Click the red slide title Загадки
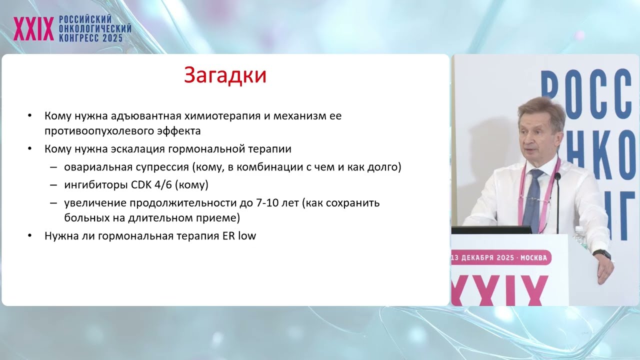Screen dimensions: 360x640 pyautogui.click(x=225, y=75)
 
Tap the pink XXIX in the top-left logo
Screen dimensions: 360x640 pyautogui.click(x=33, y=28)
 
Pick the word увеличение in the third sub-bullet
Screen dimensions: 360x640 pyautogui.click(x=95, y=203)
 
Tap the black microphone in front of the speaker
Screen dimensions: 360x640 pyautogui.click(x=557, y=200)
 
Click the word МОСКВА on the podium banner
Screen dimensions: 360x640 pyautogui.click(x=533, y=258)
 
